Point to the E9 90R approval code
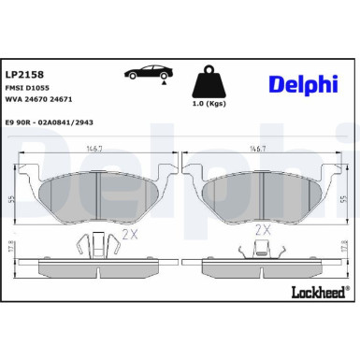55,122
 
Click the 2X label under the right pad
263,228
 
